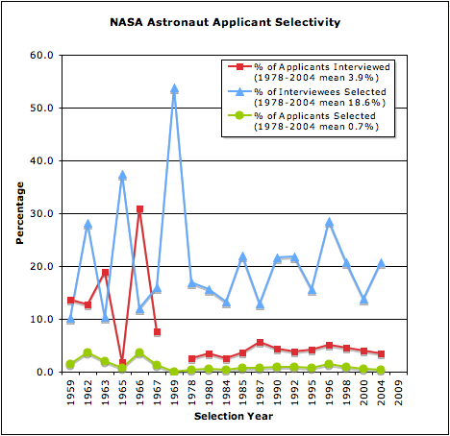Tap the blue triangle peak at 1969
(x=174, y=88)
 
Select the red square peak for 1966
(x=139, y=208)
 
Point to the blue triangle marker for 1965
(x=122, y=176)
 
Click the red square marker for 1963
(x=105, y=273)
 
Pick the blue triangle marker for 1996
(x=330, y=222)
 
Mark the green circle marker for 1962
(x=87, y=352)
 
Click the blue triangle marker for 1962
(x=87, y=224)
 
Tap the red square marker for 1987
(x=261, y=343)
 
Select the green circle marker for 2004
(x=382, y=370)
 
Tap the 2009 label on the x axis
(x=400, y=392)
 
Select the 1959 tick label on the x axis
(x=70, y=392)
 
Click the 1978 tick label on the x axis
(x=191, y=392)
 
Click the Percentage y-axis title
(x=19, y=213)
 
